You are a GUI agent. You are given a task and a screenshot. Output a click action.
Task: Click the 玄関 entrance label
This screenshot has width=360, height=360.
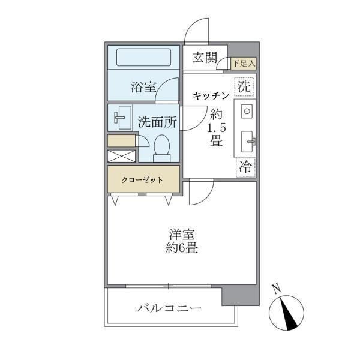click(204, 58)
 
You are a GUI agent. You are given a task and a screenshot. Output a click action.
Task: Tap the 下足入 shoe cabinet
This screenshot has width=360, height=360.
click(244, 62)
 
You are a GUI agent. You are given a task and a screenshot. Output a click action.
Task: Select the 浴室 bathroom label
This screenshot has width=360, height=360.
click(143, 87)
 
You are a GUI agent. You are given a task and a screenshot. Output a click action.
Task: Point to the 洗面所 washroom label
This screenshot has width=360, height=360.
click(157, 121)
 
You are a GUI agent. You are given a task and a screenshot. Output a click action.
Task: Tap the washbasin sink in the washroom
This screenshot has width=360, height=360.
click(122, 118)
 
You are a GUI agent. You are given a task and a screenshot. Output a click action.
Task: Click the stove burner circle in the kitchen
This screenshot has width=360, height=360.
click(246, 111)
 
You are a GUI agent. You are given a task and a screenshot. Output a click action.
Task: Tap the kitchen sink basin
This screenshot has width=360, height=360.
click(248, 142)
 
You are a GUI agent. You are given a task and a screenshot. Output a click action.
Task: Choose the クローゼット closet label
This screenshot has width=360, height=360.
click(143, 179)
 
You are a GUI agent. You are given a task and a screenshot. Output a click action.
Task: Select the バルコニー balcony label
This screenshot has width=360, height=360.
click(169, 308)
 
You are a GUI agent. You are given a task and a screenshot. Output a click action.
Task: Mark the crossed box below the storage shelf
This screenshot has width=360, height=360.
click(122, 155)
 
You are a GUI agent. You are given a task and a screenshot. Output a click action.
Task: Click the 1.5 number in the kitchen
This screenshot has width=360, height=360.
click(216, 128)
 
